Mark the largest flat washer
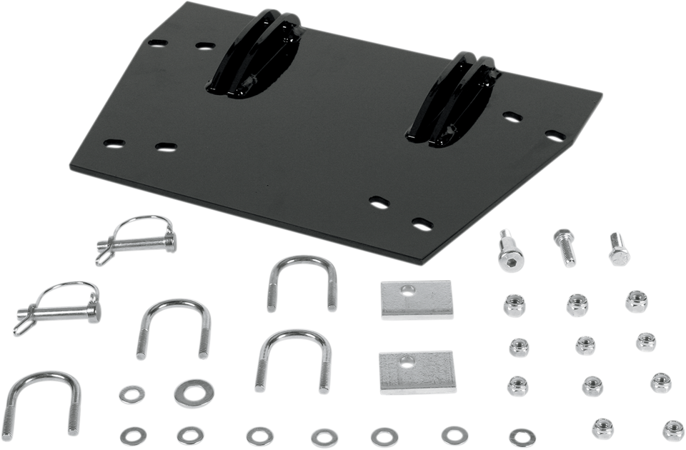coord(187,390)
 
